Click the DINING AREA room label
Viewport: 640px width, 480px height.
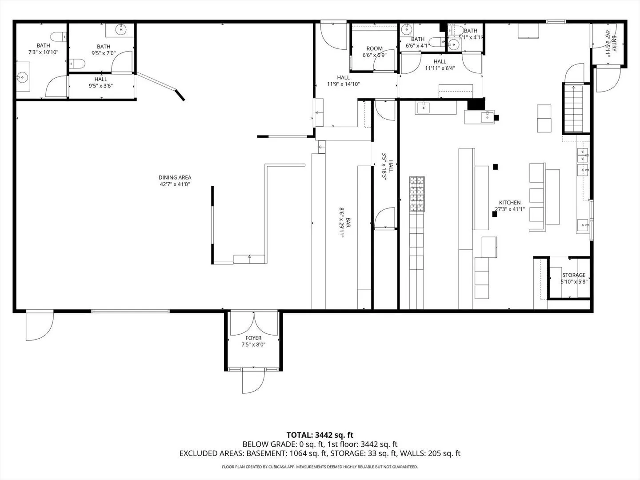[175, 177]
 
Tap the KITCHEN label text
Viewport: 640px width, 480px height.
[510, 203]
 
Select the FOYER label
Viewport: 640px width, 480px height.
[253, 338]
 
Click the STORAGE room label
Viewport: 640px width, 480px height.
[574, 275]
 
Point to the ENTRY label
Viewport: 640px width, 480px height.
[614, 44]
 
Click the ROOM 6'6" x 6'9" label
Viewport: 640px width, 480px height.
[375, 52]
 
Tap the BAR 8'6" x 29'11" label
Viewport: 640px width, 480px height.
[344, 223]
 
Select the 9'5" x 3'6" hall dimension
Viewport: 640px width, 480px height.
[101, 86]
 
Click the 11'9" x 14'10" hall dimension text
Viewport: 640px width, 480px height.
[344, 84]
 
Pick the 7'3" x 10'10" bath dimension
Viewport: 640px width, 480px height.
[44, 52]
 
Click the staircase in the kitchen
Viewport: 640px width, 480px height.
[573, 108]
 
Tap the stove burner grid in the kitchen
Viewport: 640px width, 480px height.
[417, 194]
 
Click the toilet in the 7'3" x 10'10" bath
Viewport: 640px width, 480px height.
[59, 37]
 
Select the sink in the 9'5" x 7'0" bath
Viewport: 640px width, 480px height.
[120, 29]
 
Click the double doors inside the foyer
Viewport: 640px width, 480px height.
[253, 324]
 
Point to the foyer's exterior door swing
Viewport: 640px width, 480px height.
[253, 382]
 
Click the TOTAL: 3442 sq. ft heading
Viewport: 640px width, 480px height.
[320, 435]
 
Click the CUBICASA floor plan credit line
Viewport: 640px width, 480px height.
[320, 467]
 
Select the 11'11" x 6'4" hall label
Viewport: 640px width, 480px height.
[440, 65]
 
